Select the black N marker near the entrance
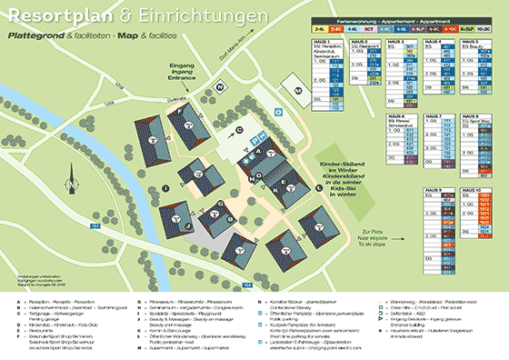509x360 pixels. point(219,85)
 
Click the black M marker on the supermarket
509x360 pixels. point(297,91)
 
